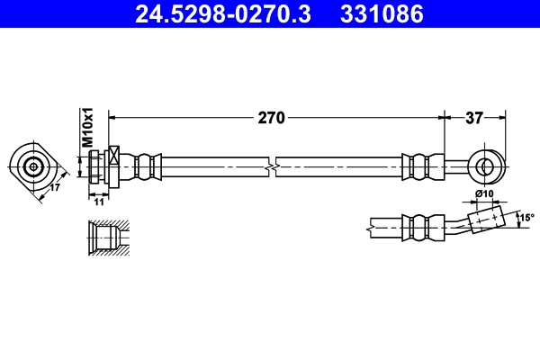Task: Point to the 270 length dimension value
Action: (272, 117)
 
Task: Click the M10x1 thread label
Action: (88, 129)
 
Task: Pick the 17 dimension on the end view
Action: (54, 188)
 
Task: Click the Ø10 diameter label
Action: (484, 194)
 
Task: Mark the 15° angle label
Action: (526, 217)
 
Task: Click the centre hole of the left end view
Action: (33, 166)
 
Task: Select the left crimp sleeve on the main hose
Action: (144, 166)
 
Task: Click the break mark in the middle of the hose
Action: (273, 166)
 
